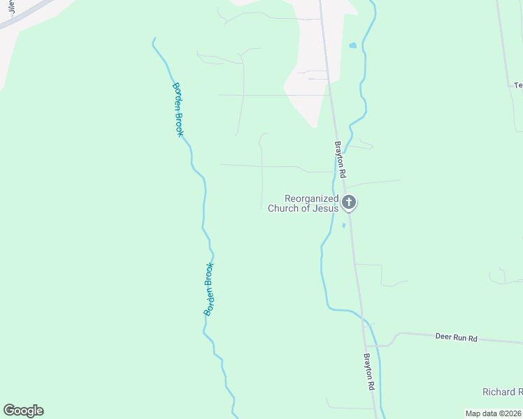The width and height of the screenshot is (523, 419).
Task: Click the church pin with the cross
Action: coord(350,203)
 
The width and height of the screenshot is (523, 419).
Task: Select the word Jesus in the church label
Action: coord(326,208)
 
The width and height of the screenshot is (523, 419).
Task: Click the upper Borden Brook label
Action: coord(178,109)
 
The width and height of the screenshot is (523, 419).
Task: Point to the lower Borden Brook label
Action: coord(209,289)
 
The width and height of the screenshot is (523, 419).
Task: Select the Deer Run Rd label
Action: coord(455,338)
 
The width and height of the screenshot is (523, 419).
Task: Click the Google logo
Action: coord(23,411)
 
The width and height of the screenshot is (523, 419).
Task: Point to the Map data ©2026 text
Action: coord(493,413)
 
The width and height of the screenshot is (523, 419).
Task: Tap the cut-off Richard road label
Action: coord(502,392)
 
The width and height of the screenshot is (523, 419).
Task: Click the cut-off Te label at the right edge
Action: coord(518,85)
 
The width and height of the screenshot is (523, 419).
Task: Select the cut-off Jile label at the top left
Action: coord(12,7)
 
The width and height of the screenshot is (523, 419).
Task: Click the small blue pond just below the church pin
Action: coord(343,226)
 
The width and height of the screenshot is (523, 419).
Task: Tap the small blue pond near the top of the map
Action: coord(352,46)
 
